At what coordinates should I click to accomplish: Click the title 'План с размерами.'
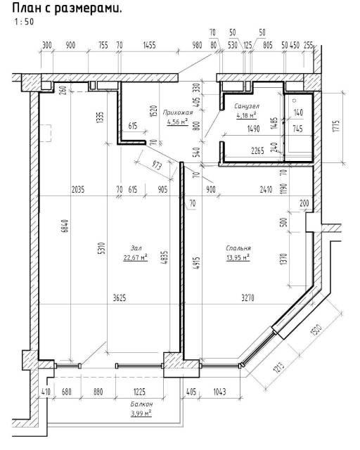(67, 8)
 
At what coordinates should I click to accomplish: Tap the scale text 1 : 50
(24, 22)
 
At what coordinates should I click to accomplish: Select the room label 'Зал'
(136, 248)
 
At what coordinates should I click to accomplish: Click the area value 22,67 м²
(136, 257)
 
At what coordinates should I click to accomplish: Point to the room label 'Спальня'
(238, 248)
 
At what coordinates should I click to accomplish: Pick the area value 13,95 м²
(238, 257)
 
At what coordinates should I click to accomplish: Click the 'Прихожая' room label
(178, 112)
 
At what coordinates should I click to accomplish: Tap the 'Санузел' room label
(247, 106)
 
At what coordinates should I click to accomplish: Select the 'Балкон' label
(141, 404)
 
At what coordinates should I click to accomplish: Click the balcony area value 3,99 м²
(141, 413)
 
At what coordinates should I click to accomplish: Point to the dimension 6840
(65, 226)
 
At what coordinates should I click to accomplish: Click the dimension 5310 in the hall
(103, 248)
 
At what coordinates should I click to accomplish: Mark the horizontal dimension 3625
(120, 298)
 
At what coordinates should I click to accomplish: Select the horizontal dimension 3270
(247, 298)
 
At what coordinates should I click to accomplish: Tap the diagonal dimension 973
(157, 165)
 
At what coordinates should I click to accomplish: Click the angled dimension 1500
(316, 330)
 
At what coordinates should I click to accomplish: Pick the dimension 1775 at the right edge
(337, 126)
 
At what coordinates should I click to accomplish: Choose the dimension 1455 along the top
(149, 45)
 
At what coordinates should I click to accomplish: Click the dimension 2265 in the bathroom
(257, 150)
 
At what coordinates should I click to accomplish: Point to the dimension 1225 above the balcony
(139, 392)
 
